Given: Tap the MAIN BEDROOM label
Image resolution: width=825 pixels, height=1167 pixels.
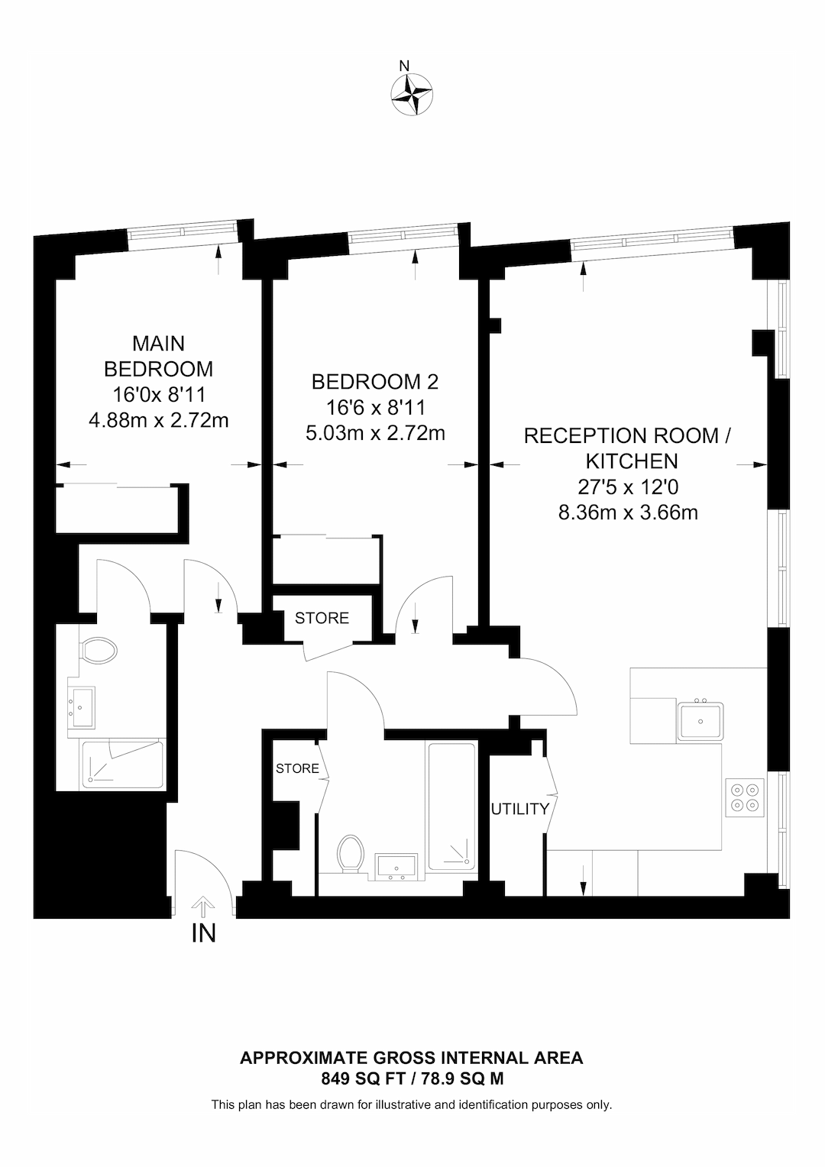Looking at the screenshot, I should pyautogui.click(x=158, y=356).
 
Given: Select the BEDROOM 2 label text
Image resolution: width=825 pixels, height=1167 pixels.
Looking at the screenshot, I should pyautogui.click(x=374, y=381).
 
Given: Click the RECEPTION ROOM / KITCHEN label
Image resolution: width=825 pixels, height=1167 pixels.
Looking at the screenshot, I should pyautogui.click(x=627, y=448).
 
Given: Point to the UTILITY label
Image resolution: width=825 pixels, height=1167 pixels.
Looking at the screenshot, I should pyautogui.click(x=519, y=809).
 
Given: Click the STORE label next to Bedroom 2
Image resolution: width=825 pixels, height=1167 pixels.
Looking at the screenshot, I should pyautogui.click(x=322, y=618).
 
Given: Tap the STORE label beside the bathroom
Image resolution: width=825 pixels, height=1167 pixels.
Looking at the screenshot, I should pyautogui.click(x=297, y=768).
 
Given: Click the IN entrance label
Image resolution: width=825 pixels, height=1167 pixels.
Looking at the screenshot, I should pyautogui.click(x=203, y=933).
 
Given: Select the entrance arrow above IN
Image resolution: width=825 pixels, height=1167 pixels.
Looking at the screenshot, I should pyautogui.click(x=203, y=907).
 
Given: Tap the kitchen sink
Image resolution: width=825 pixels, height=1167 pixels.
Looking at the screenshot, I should pyautogui.click(x=700, y=721).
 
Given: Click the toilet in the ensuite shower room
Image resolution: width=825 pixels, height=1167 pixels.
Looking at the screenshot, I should pyautogui.click(x=98, y=651).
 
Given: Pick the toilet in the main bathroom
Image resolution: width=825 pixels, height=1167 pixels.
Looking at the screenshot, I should pyautogui.click(x=351, y=853).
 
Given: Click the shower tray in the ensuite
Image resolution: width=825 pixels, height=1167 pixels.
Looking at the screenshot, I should pyautogui.click(x=122, y=764).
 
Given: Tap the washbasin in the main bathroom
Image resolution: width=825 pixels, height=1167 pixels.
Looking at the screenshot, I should pyautogui.click(x=396, y=867).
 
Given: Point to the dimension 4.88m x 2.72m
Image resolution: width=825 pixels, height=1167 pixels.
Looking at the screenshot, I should pyautogui.click(x=159, y=419).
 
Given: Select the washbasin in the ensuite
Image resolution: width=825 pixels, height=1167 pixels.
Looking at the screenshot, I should pyautogui.click(x=82, y=706).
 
